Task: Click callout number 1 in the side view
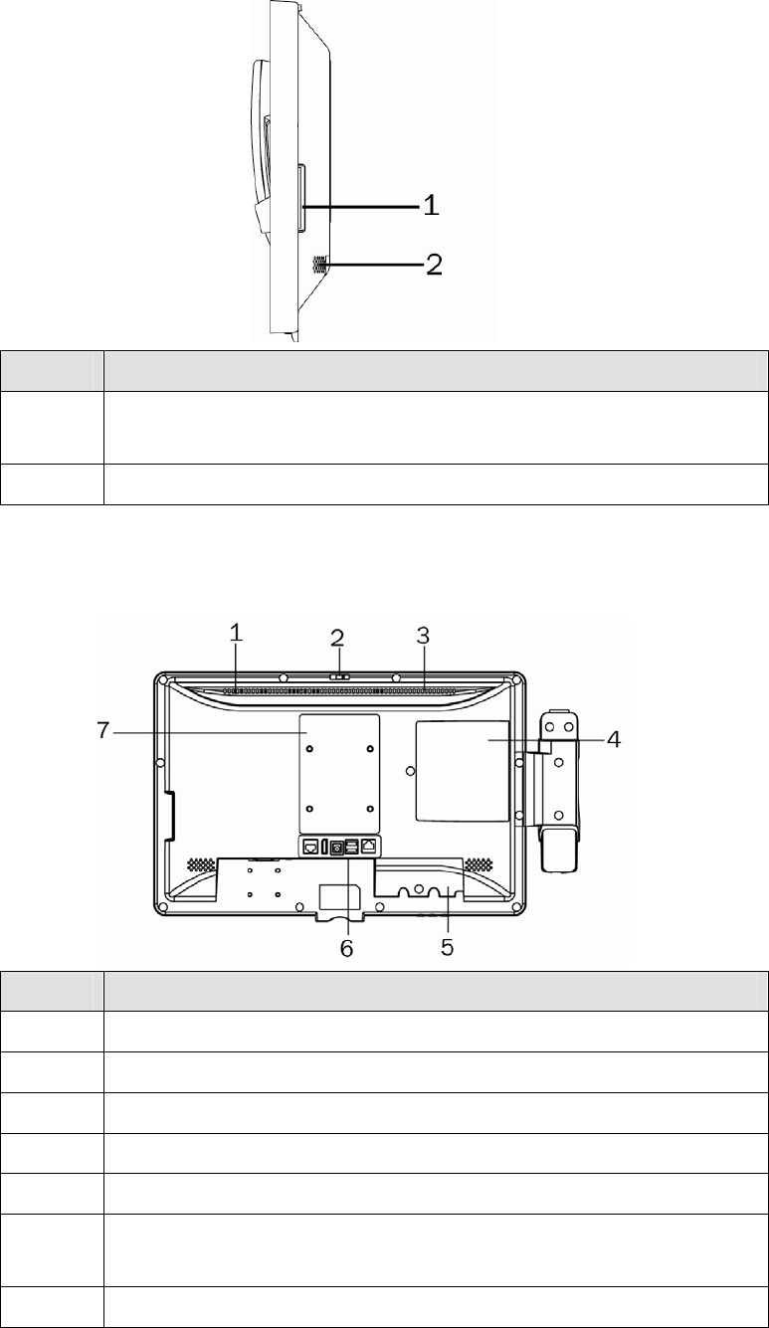(431, 205)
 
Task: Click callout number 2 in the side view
(434, 265)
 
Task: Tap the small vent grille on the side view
(320, 265)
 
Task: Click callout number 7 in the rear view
(103, 730)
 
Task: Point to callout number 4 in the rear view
(614, 739)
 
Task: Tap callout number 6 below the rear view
(346, 948)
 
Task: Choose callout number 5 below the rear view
(447, 947)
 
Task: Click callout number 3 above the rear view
(422, 636)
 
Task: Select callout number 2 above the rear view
(337, 638)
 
